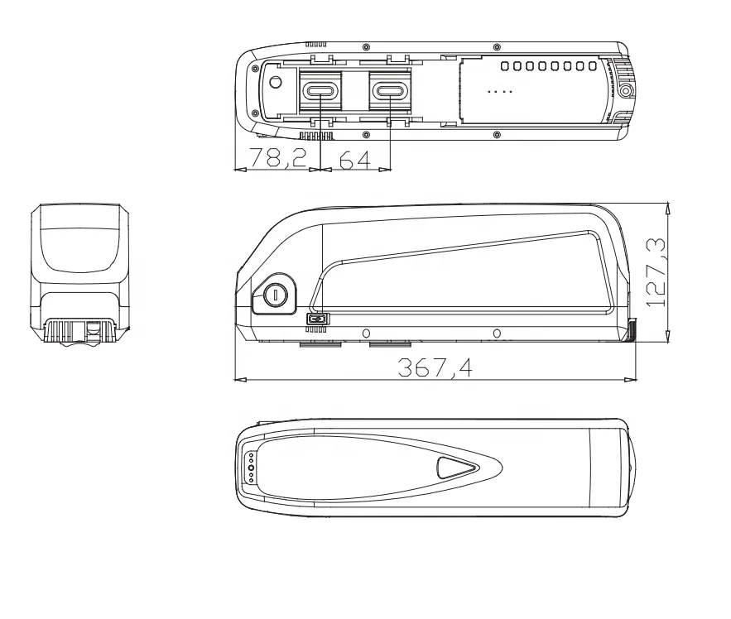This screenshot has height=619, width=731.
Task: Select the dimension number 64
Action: pyautogui.click(x=355, y=160)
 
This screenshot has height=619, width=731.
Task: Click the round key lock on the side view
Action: pyautogui.click(x=274, y=295)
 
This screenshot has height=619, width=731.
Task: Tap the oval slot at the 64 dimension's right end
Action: pyautogui.click(x=389, y=90)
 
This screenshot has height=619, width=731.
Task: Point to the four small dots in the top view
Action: pyautogui.click(x=502, y=90)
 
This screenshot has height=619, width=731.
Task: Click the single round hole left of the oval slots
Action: pyautogui.click(x=276, y=83)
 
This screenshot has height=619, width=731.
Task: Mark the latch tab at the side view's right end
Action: pyautogui.click(x=632, y=330)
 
